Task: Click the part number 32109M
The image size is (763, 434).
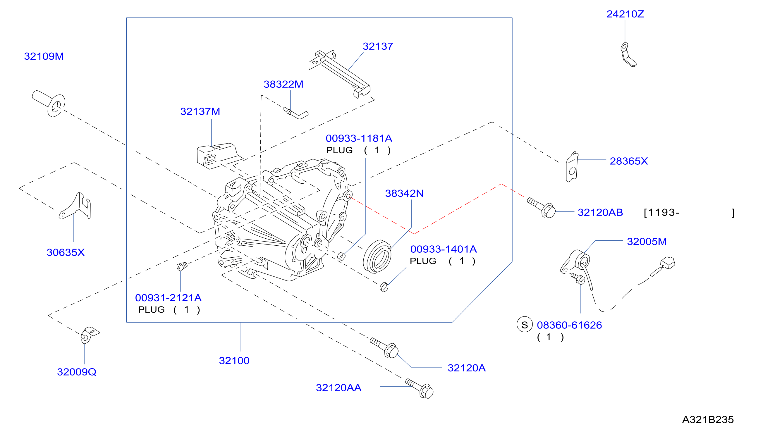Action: pyautogui.click(x=44, y=56)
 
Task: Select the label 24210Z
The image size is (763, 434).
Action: pyautogui.click(x=625, y=14)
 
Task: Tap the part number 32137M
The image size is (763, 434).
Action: pyautogui.click(x=200, y=111)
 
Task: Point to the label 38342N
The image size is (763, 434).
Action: pyautogui.click(x=404, y=193)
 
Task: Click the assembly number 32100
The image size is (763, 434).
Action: pyautogui.click(x=234, y=361)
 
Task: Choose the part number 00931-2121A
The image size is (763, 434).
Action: pyautogui.click(x=168, y=298)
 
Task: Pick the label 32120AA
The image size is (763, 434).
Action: pyautogui.click(x=338, y=388)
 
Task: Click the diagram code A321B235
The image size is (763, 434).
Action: pyautogui.click(x=708, y=420)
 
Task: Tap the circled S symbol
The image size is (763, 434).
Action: pyautogui.click(x=525, y=325)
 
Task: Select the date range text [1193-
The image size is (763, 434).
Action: pyautogui.click(x=661, y=213)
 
